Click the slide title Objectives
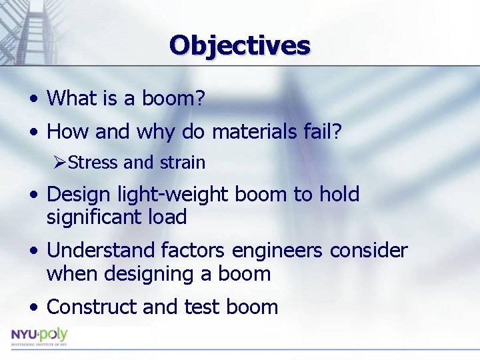(x=239, y=45)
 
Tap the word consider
(x=369, y=251)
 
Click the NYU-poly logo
(x=39, y=336)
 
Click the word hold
(x=339, y=195)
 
